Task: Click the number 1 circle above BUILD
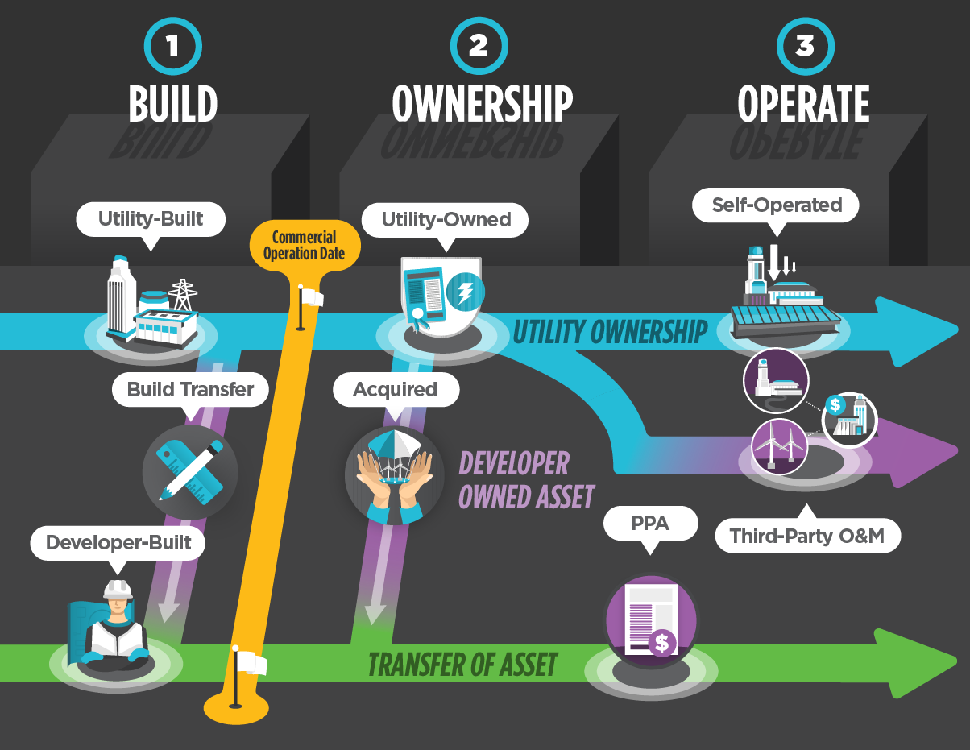pos(172,46)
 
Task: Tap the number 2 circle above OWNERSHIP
pos(479,46)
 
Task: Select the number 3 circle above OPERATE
pos(805,46)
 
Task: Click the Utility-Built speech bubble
pos(151,218)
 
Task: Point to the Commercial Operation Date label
pos(304,245)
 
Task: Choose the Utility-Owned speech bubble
pos(446,219)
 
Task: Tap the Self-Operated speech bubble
pos(776,205)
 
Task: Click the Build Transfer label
pos(191,390)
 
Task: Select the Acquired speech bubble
pos(395,390)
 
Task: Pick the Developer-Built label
pos(118,542)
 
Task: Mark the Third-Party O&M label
pos(807,536)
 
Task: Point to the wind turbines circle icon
pos(779,444)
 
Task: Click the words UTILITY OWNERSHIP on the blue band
pos(610,332)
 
